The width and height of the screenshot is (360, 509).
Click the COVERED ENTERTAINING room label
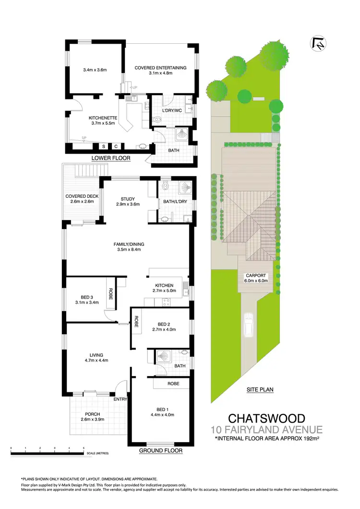[x=160, y=67]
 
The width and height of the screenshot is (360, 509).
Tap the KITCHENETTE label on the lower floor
[x=101, y=117]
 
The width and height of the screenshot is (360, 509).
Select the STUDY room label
[x=128, y=199]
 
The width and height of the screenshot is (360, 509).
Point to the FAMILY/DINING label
[x=129, y=244]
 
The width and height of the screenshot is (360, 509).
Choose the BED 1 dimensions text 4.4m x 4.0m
[x=162, y=415]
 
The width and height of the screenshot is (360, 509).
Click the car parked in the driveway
[x=249, y=326]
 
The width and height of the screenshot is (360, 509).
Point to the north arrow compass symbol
[x=317, y=44]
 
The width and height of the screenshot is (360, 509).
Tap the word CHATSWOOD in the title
[x=266, y=418]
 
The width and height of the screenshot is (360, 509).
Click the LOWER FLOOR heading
[x=111, y=158]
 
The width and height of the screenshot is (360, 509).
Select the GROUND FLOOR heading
[x=160, y=451]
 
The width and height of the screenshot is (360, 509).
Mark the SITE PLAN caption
[x=260, y=390]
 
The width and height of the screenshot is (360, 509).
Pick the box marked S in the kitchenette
[x=103, y=146]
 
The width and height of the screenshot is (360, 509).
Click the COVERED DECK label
[x=82, y=196]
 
